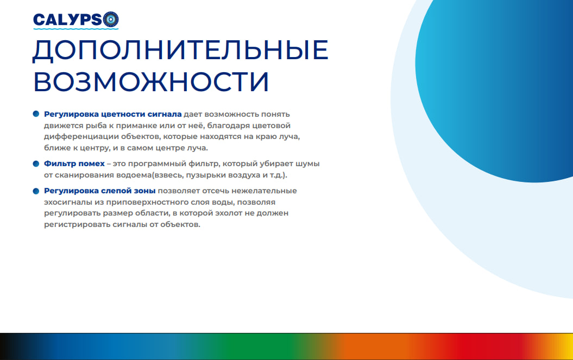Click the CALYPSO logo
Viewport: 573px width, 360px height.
(x=75, y=20)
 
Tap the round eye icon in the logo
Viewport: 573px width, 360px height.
(x=111, y=20)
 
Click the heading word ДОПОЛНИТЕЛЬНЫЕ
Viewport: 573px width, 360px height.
(x=180, y=50)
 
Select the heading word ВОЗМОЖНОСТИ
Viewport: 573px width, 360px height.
(x=152, y=81)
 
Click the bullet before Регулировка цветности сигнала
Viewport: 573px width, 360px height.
(x=36, y=114)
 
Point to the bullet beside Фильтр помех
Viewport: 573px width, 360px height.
(x=36, y=163)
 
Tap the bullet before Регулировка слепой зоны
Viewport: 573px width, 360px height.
(x=36, y=191)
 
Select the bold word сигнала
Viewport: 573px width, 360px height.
(x=165, y=115)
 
